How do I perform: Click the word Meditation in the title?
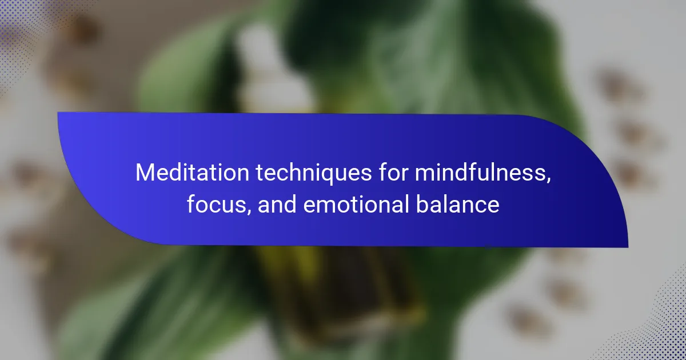(x=192, y=173)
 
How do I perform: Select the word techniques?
(x=314, y=174)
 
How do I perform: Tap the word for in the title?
(x=393, y=172)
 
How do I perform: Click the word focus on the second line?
(x=216, y=204)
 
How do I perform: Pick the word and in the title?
(x=277, y=204)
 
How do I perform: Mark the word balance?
(x=457, y=204)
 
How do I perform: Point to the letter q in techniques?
(x=330, y=177)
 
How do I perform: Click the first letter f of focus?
(x=192, y=203)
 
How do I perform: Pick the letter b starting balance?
(x=422, y=203)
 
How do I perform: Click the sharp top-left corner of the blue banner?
(x=58, y=113)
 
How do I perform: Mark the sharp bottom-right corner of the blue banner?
(x=628, y=247)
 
